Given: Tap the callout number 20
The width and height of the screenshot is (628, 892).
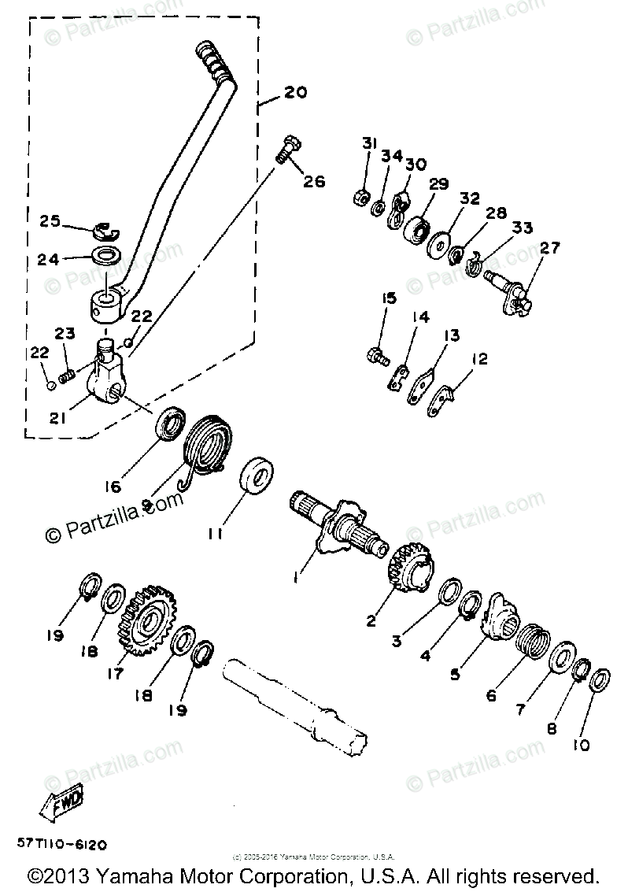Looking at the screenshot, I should [294, 92].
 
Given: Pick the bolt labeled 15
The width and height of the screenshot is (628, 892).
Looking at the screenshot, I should [376, 356].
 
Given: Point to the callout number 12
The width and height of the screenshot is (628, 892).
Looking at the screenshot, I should [479, 360].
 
